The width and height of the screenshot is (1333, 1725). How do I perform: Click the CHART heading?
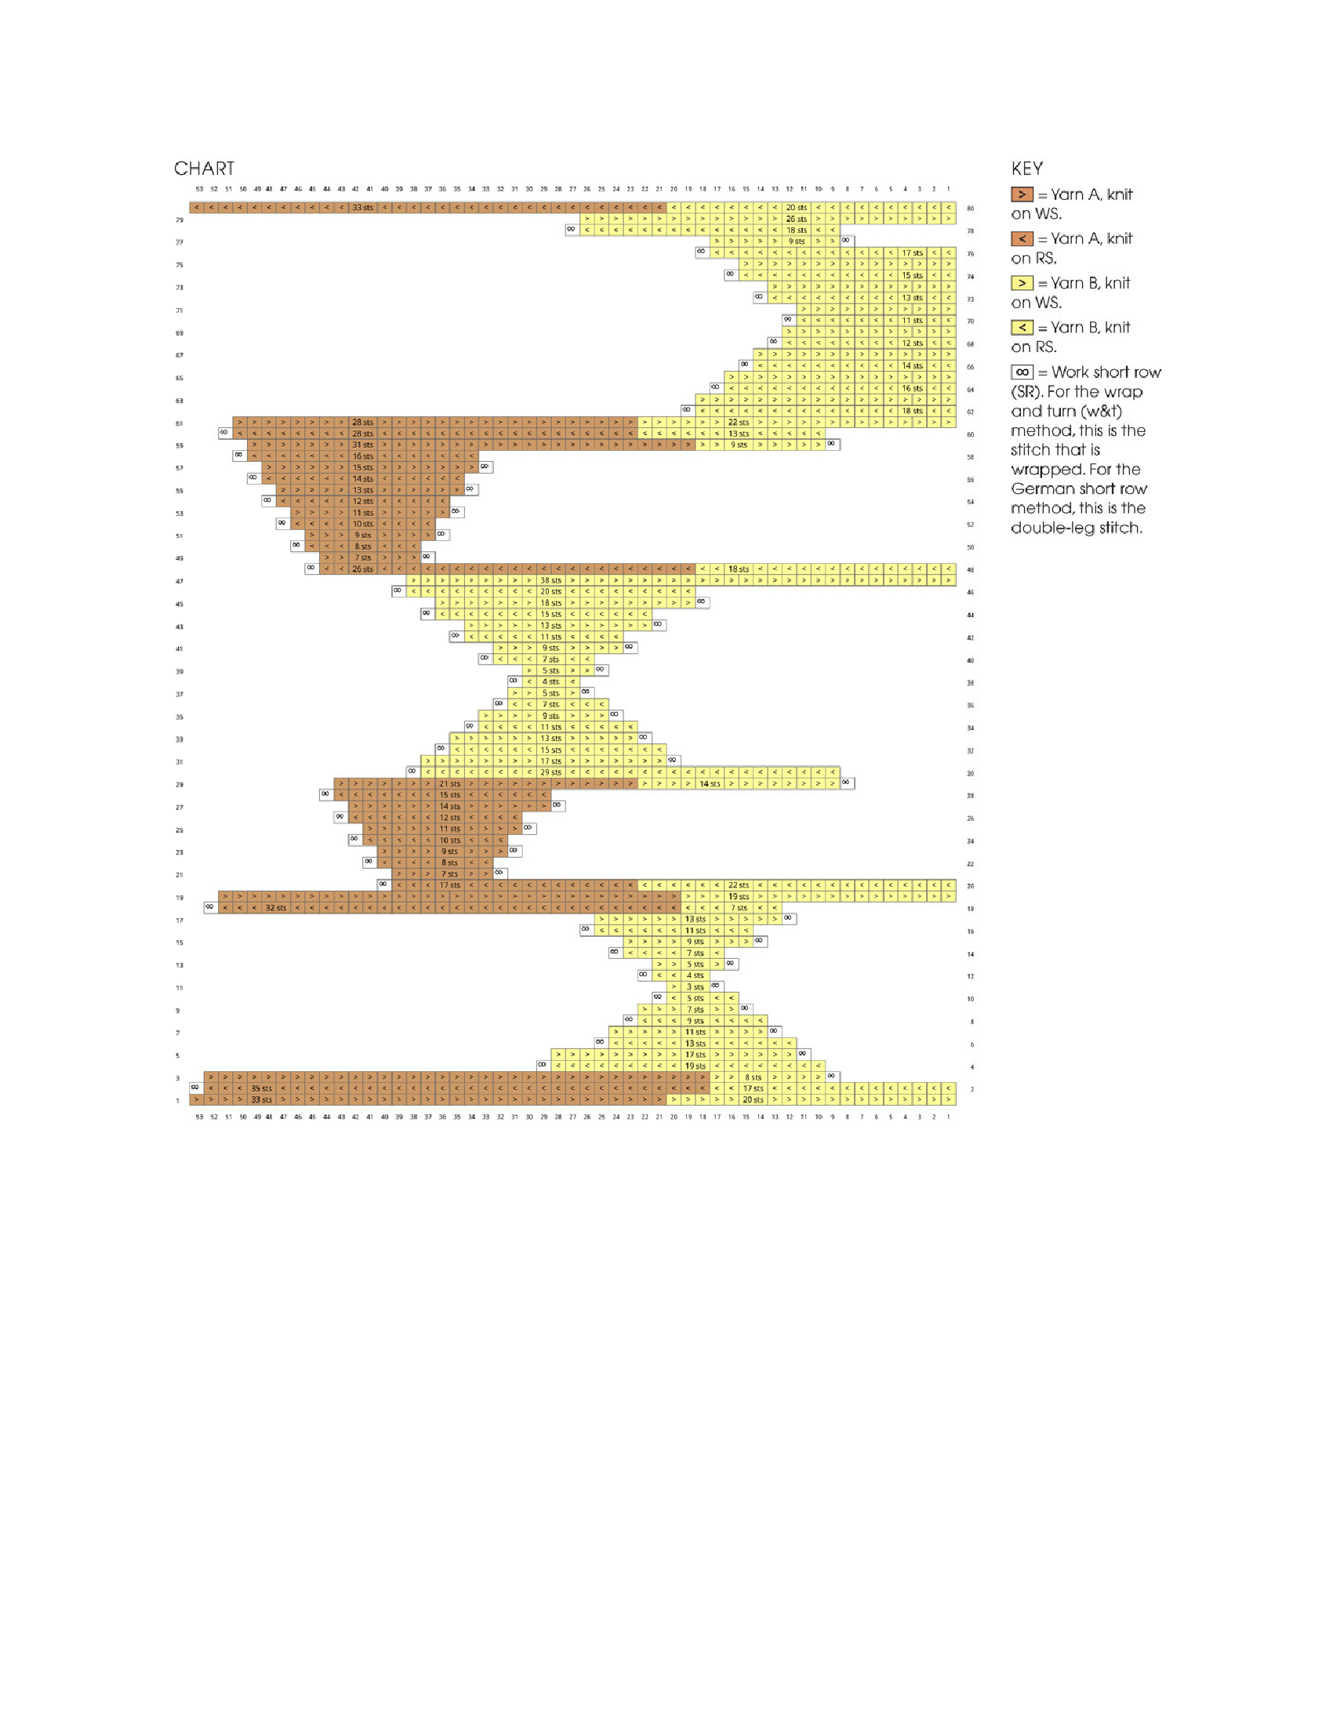(204, 169)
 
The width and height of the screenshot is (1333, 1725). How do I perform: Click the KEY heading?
(1026, 169)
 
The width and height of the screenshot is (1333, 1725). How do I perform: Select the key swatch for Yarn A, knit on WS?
(1022, 194)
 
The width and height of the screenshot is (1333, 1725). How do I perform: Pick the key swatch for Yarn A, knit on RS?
(1022, 238)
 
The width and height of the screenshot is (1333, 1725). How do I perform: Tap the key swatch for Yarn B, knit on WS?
(1022, 283)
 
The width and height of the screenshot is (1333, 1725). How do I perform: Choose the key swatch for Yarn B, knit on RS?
(1022, 327)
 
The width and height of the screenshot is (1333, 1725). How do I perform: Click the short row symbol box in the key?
(1022, 372)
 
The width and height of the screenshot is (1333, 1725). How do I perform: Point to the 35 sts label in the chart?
(261, 1088)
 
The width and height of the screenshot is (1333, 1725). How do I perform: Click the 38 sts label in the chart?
(550, 580)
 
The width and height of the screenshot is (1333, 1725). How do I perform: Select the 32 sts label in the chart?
(275, 908)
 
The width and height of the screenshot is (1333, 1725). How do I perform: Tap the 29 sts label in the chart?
(550, 772)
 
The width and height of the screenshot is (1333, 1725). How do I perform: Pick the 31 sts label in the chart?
(362, 445)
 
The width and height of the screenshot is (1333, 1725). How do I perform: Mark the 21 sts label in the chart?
(449, 784)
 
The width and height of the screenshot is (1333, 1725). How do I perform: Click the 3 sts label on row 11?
(695, 987)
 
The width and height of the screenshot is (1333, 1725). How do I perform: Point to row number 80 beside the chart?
(971, 209)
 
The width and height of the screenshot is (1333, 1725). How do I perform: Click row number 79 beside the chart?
(180, 220)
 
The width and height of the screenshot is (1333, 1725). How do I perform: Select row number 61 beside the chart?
(180, 423)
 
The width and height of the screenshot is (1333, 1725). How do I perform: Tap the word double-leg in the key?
(1044, 528)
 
